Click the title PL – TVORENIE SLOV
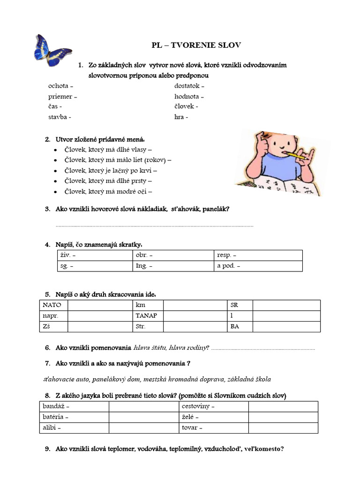point(196,45)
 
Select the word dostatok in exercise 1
point(187,86)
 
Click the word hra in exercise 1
point(179,117)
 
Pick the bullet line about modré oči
point(108,191)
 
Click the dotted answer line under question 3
point(155,226)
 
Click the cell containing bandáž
point(74,406)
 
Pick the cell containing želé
point(213,417)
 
